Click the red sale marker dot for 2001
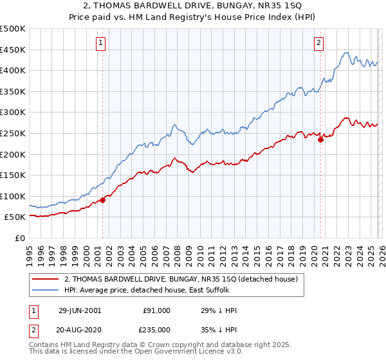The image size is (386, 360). tap(102, 200)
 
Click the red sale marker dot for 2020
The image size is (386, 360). tap(320, 139)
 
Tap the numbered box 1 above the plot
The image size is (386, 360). tap(102, 43)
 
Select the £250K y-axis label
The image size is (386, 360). tap(13, 133)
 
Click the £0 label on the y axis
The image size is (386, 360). tap(19, 238)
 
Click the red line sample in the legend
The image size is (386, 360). tap(47, 280)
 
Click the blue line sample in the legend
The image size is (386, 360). tap(47, 291)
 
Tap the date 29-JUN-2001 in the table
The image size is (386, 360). tap(79, 310)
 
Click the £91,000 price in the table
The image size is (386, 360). tap(156, 310)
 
